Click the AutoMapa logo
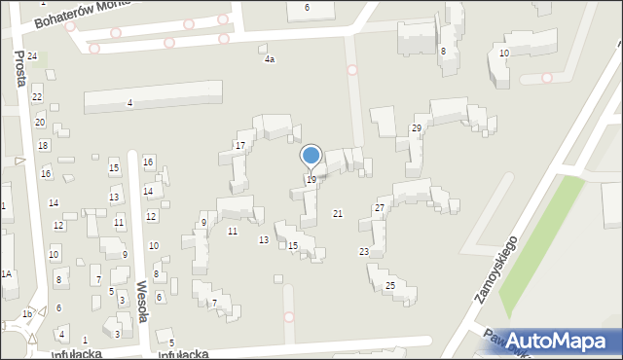[x=562, y=340]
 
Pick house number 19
[x=311, y=180]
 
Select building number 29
[x=417, y=129]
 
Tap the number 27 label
[x=380, y=208]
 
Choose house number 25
[x=389, y=285]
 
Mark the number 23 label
[x=364, y=252]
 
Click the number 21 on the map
[x=338, y=213]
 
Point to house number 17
[x=239, y=146]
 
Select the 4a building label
[x=270, y=59]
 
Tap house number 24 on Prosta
[x=32, y=56]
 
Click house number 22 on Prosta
[x=37, y=97]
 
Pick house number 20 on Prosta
[x=40, y=123]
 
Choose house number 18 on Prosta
[x=43, y=146]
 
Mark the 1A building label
[x=6, y=275]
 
